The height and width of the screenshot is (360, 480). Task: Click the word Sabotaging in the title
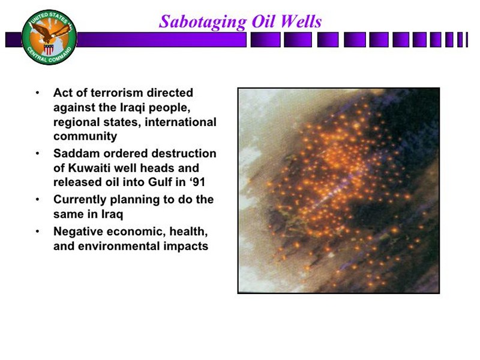coord(203,22)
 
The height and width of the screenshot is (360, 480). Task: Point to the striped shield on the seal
coord(49,49)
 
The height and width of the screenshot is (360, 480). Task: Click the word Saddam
coord(77,153)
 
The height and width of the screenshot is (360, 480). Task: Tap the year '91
coord(197,182)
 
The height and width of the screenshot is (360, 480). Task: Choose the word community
coord(85,136)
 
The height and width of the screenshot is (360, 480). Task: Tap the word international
coord(181,122)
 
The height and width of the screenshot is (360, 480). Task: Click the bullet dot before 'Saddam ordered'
coord(37,153)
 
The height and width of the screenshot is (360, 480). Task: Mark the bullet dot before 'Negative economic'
coord(37,232)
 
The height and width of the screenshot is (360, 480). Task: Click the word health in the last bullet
coord(188,232)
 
